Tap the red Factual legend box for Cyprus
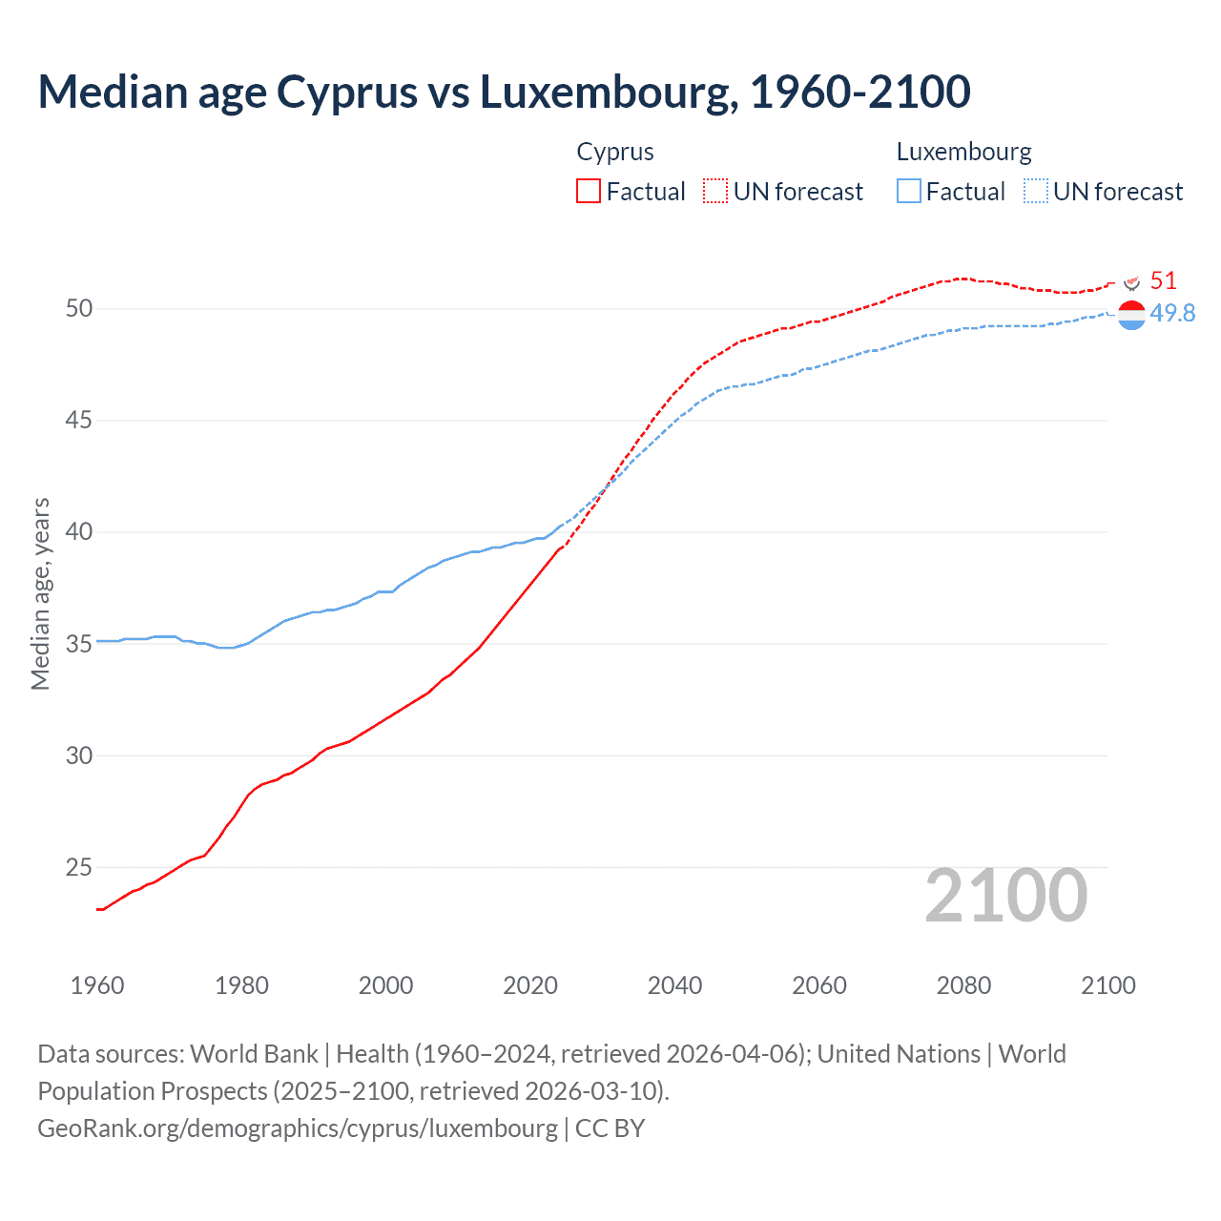pyautogui.click(x=589, y=192)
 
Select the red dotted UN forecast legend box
pyautogui.click(x=715, y=192)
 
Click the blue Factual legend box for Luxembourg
pyautogui.click(x=909, y=192)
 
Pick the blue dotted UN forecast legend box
pyautogui.click(x=1036, y=192)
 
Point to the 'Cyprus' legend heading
pyautogui.click(x=615, y=152)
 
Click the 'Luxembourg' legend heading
pyautogui.click(x=963, y=152)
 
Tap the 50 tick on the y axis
pyautogui.click(x=79, y=308)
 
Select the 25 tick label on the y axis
pyautogui.click(x=79, y=867)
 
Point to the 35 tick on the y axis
pyautogui.click(x=79, y=644)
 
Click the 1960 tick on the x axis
pyautogui.click(x=97, y=985)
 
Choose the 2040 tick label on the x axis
pyautogui.click(x=674, y=985)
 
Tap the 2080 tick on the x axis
pyautogui.click(x=963, y=985)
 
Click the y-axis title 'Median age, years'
pyautogui.click(x=40, y=593)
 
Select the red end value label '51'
pyautogui.click(x=1163, y=280)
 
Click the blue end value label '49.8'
pyautogui.click(x=1172, y=313)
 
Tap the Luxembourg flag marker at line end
pyautogui.click(x=1131, y=315)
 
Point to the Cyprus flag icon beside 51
pyautogui.click(x=1132, y=283)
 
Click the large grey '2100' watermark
pyautogui.click(x=1005, y=896)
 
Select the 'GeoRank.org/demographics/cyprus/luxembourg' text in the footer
pyautogui.click(x=298, y=1128)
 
